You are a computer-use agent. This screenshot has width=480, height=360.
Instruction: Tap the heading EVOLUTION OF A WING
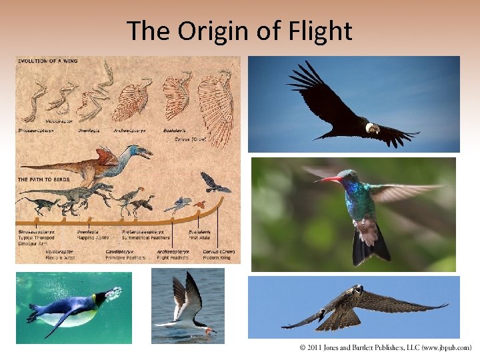pyautogui.click(x=48, y=61)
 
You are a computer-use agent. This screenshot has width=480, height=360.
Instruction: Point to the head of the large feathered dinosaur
pyautogui.click(x=141, y=151)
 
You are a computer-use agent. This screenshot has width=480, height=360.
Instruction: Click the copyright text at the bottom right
pyautogui.click(x=385, y=348)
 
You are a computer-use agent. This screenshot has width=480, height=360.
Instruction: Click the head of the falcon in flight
pyautogui.click(x=358, y=290)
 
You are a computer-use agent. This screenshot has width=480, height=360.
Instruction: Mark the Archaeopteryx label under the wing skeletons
pyautogui.click(x=129, y=131)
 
